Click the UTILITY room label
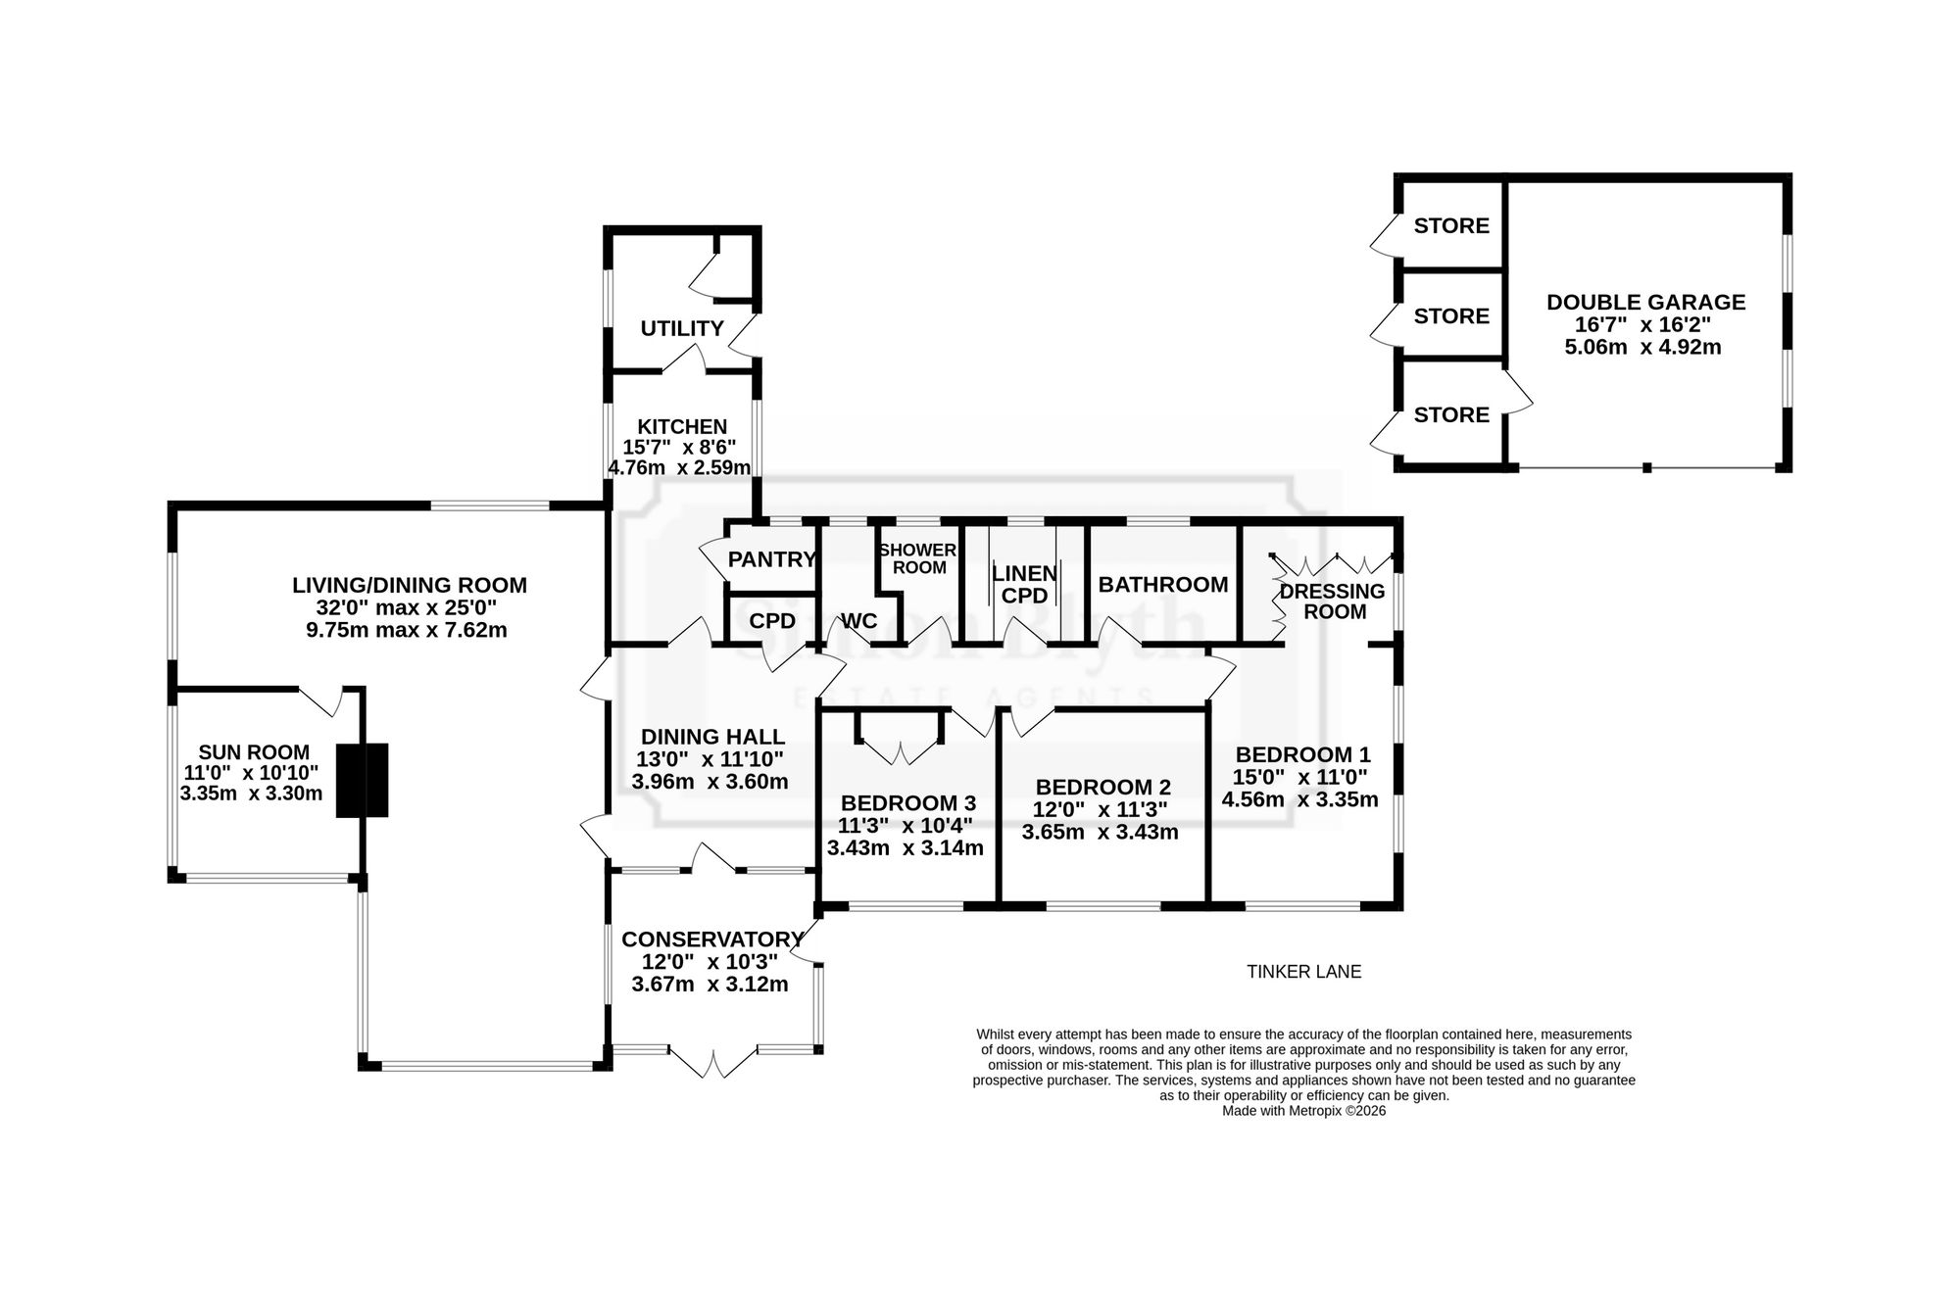tap(682, 328)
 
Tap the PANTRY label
tap(772, 559)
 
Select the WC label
tap(859, 621)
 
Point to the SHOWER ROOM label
tap(918, 558)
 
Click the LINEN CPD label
tap(1025, 584)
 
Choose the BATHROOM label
tap(1163, 585)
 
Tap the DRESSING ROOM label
tap(1333, 602)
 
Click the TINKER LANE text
tap(1304, 972)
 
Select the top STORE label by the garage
tap(1451, 226)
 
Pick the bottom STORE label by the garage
tap(1451, 415)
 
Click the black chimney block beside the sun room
tap(363, 780)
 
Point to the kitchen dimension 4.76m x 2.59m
tap(680, 467)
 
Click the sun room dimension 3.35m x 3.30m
tap(252, 794)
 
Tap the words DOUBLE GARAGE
tap(1646, 302)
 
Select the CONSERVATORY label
tap(713, 939)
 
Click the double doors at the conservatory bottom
tap(713, 1062)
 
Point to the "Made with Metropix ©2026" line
tap(1304, 1111)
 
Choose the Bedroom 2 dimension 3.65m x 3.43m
tap(1101, 833)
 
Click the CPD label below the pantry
tap(772, 621)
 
